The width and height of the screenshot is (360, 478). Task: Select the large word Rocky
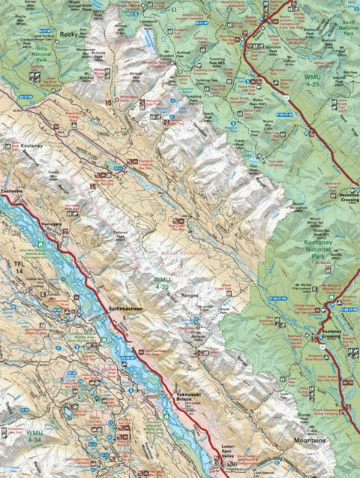pyautogui.click(x=68, y=34)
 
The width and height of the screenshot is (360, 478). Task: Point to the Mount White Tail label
pyautogui.click(x=304, y=223)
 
